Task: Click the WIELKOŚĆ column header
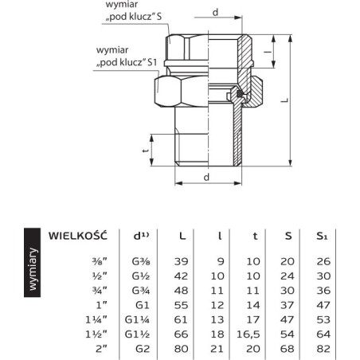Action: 78,236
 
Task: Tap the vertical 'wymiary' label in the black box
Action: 33,268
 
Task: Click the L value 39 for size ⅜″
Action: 181,261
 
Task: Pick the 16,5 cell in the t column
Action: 248,335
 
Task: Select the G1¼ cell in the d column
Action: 137,319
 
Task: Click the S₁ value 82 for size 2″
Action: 323,349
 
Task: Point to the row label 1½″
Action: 96,334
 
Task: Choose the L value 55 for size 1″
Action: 181,305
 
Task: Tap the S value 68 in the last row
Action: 287,349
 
